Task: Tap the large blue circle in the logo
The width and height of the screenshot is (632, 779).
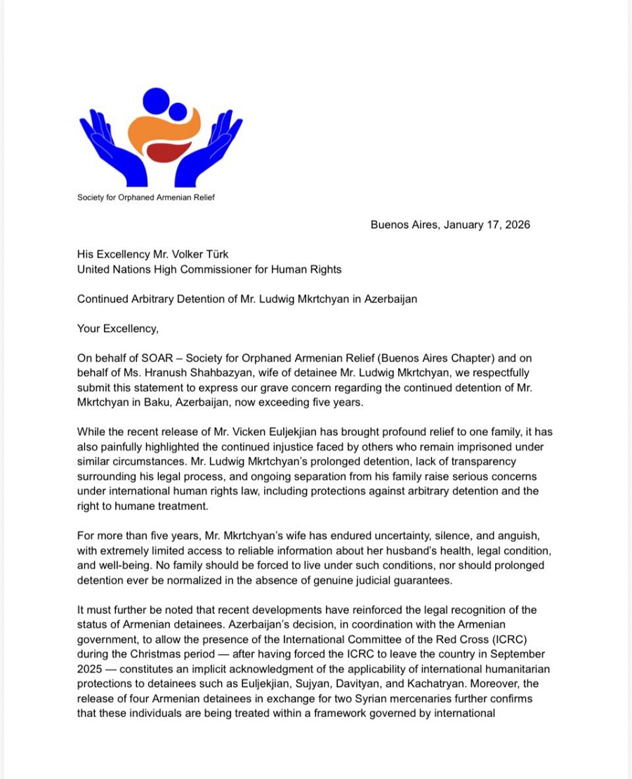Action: point(155,100)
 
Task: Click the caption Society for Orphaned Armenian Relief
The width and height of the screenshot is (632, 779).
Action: point(146,197)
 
